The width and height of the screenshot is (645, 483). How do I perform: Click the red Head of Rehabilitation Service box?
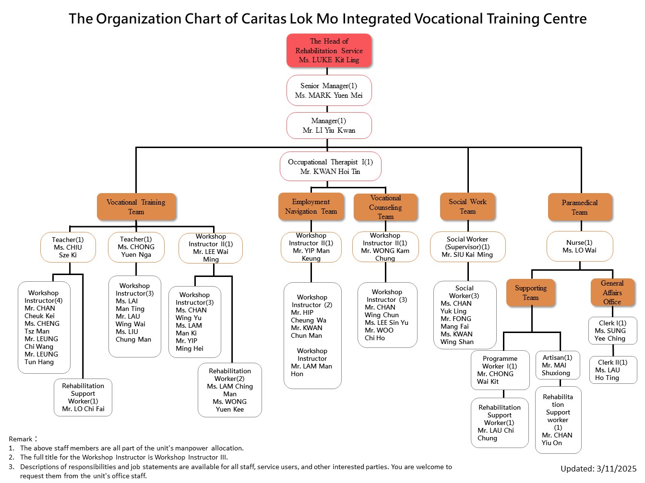pos(329,50)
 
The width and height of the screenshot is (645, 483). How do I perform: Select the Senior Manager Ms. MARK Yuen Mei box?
pos(329,90)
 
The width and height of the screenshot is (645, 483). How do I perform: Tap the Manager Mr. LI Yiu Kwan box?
pos(329,126)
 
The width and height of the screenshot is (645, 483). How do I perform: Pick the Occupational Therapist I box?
pos(330,166)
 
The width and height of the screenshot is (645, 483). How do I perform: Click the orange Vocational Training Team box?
pos(136,207)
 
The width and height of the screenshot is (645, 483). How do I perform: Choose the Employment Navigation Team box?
pos(311,207)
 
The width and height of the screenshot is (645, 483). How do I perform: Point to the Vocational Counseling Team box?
pos(385,207)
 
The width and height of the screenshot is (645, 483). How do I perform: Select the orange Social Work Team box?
pos(467,207)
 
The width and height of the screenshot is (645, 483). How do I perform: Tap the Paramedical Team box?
pos(580,207)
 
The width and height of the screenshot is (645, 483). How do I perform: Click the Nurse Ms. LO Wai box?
pos(580,246)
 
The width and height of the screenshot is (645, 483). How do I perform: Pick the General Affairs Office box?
pos(612,292)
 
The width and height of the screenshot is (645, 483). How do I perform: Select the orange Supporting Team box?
pos(530,292)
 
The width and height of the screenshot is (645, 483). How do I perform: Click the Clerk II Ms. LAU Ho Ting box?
pos(612,369)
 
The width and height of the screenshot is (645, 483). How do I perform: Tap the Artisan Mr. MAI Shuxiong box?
pos(557,365)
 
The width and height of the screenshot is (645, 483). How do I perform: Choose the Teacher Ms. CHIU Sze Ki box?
pos(68,247)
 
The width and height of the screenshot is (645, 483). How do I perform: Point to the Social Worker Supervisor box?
pos(467,247)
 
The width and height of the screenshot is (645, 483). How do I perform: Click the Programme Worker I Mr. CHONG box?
pos(500,370)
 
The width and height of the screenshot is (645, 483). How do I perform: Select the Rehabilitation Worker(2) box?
pos(229,390)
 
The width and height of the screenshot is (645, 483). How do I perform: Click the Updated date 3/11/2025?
pos(598,469)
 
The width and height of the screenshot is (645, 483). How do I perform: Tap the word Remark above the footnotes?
pos(21,439)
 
